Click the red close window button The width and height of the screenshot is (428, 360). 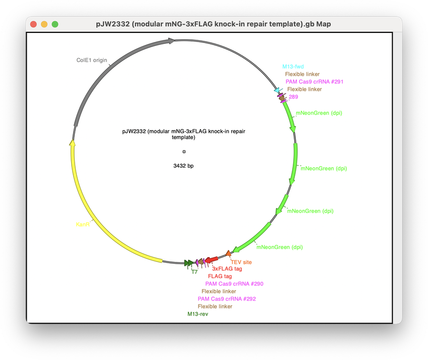(33, 24)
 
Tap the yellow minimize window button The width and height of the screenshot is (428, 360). (44, 24)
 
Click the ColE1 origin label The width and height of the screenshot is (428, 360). (92, 60)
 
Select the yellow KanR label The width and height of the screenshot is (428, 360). (83, 225)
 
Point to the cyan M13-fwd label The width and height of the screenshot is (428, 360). (293, 67)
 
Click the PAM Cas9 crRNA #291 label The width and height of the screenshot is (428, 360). (314, 82)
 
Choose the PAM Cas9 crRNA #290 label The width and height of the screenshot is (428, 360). (234, 284)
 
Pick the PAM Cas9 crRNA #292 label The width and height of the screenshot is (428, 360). (227, 299)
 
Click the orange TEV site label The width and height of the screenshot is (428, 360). (241, 262)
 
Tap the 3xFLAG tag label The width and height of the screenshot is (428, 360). (227, 269)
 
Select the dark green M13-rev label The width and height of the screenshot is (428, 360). (198, 314)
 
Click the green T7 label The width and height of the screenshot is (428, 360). (194, 272)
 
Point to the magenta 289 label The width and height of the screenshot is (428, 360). (293, 97)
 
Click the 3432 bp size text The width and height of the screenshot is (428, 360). (183, 166)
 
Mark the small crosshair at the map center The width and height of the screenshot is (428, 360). (184, 151)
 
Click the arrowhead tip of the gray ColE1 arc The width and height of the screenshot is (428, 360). (175, 41)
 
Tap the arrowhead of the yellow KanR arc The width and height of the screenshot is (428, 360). (72, 142)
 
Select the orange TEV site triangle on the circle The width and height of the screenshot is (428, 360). (229, 253)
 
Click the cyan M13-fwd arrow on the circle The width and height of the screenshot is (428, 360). (278, 90)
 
